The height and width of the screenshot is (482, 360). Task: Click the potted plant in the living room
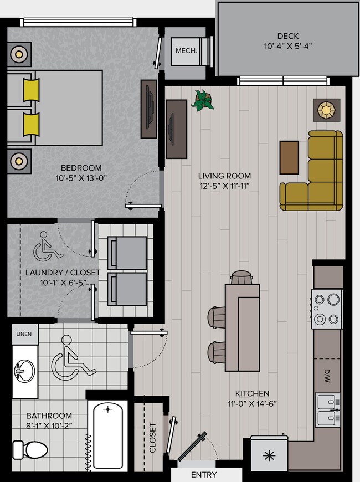[x=203, y=101]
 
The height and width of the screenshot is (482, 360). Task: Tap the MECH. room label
[x=186, y=50]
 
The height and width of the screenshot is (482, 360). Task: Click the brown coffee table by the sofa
[x=289, y=157]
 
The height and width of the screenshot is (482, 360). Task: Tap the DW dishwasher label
[x=327, y=373]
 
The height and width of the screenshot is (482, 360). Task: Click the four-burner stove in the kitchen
[x=326, y=309]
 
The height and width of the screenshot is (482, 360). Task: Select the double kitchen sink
[x=327, y=410]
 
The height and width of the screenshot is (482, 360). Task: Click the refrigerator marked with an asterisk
[x=269, y=455]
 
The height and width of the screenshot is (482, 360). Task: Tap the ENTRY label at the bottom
[x=204, y=475]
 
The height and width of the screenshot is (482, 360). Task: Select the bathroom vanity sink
[x=24, y=370]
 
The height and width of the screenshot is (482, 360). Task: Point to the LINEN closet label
[x=24, y=335]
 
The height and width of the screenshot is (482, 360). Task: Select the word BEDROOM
[x=81, y=168]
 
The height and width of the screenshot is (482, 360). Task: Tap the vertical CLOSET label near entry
[x=152, y=438]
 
